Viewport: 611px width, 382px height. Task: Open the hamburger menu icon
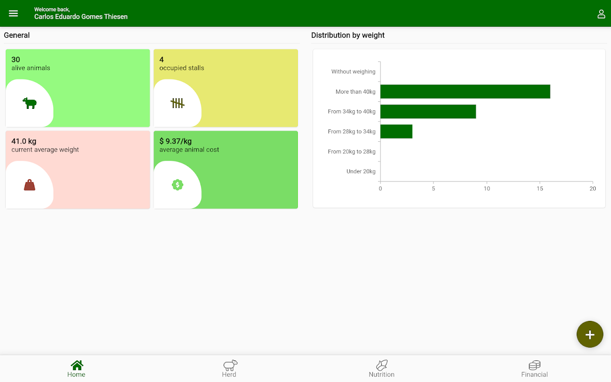(x=13, y=13)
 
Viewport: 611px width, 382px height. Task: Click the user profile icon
(x=601, y=14)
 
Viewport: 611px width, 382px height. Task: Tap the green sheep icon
(x=30, y=103)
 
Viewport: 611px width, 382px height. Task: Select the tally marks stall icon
(x=178, y=103)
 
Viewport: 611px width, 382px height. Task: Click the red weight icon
(x=30, y=185)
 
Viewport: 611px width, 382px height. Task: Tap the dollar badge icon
(x=178, y=185)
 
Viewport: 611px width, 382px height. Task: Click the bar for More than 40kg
(x=465, y=92)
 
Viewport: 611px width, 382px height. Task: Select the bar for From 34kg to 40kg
(x=428, y=112)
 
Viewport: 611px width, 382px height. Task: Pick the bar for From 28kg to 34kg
(x=396, y=131)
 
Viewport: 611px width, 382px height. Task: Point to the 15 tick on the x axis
(x=539, y=189)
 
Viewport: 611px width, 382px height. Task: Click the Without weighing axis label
(x=353, y=72)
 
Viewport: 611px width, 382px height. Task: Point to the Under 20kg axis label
(x=361, y=171)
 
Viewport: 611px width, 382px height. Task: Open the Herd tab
(x=229, y=369)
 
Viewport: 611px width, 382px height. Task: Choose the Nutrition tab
(x=382, y=369)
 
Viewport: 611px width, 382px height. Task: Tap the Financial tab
(x=535, y=369)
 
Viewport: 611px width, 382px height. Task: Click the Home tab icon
(x=77, y=365)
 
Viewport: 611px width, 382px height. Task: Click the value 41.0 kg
(x=24, y=141)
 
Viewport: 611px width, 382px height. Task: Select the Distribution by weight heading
(x=348, y=35)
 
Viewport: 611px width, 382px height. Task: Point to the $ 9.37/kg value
(x=176, y=141)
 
